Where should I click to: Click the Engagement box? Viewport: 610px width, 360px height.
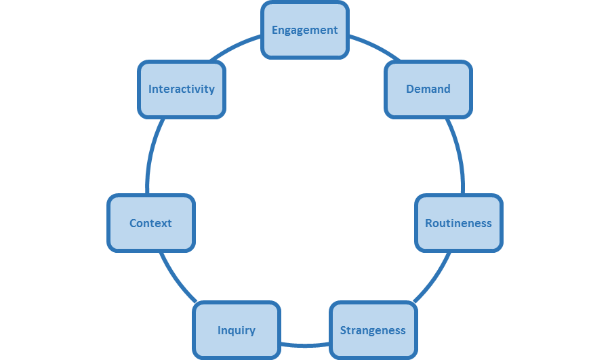point(305,30)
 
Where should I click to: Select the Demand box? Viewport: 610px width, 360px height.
point(428,89)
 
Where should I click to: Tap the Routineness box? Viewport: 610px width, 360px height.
point(458,223)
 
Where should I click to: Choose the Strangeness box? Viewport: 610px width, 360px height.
point(373,330)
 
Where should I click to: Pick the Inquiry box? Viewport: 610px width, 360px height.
point(236,330)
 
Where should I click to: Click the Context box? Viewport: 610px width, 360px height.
point(150,223)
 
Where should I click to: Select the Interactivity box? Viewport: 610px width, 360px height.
point(181,89)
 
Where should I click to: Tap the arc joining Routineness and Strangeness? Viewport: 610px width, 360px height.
point(434,278)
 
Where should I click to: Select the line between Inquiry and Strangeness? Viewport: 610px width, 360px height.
point(305,344)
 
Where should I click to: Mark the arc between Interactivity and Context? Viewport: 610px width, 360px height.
point(151,156)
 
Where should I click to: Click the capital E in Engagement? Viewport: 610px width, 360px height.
point(275,30)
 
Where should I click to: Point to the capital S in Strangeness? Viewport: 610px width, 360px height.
point(344,330)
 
